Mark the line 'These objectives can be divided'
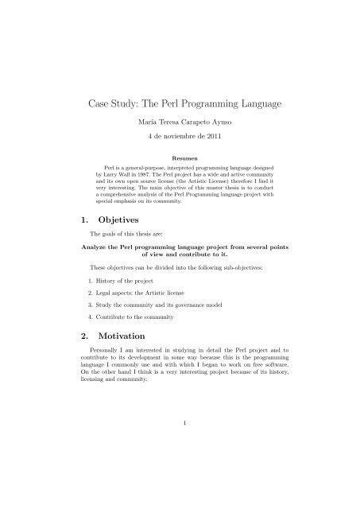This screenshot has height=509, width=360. (159, 267)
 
